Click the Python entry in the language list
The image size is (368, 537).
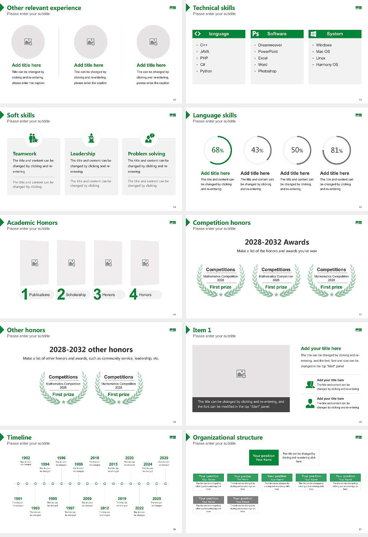click(x=206, y=71)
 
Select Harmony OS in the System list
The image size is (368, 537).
click(x=327, y=65)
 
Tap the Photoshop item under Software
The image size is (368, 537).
click(x=267, y=71)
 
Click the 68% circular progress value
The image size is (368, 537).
click(x=218, y=150)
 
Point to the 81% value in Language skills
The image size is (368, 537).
click(x=337, y=150)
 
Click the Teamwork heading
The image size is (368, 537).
click(x=25, y=154)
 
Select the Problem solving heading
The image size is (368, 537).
click(x=146, y=154)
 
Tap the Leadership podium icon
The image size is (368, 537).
click(x=91, y=138)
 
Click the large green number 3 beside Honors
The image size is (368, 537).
click(x=97, y=294)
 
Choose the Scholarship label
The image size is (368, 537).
click(x=76, y=295)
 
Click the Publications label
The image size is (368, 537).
click(x=39, y=295)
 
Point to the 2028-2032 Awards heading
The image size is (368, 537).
click(x=277, y=242)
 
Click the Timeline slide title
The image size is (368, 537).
click(x=19, y=438)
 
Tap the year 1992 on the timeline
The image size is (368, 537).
click(x=26, y=458)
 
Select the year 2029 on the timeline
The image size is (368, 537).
click(x=164, y=458)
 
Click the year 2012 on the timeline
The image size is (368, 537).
click(x=105, y=508)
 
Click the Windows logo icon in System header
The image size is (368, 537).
click(x=313, y=34)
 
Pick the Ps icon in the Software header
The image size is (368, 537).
click(x=256, y=34)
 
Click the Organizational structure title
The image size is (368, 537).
click(x=228, y=438)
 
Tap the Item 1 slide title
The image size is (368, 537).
click(x=202, y=330)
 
